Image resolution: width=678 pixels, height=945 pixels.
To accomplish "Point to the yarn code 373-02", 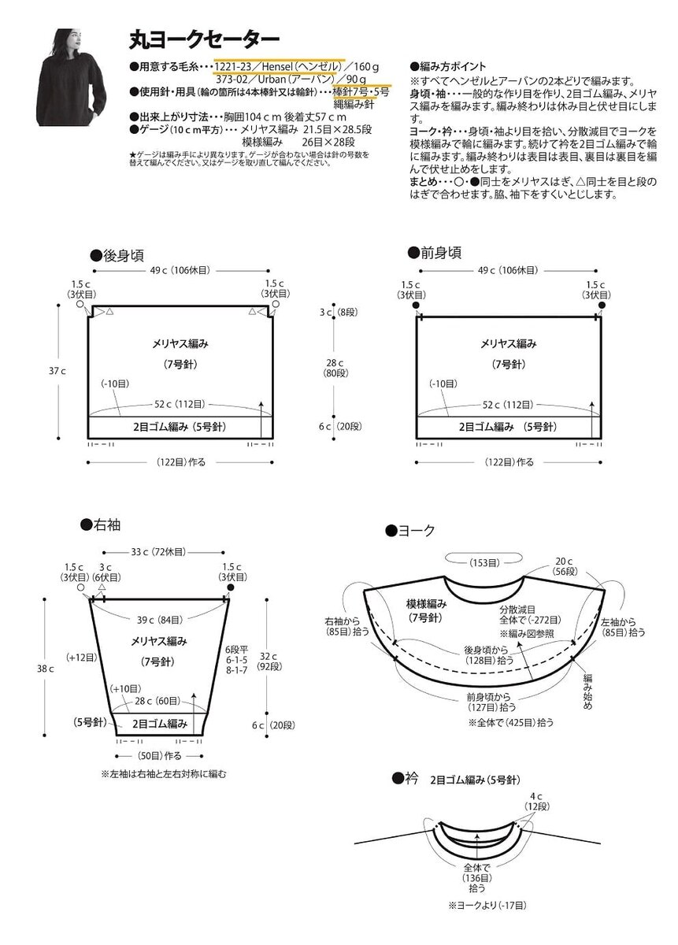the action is click(234, 80).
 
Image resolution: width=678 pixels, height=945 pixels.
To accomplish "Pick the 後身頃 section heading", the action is click(117, 255).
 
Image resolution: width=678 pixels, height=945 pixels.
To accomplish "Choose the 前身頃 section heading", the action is click(435, 253).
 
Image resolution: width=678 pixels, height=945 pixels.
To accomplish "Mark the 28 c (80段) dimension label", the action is click(331, 369).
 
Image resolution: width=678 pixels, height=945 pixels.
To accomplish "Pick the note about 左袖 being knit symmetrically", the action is click(164, 774).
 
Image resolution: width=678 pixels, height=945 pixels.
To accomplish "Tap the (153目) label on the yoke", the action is click(483, 562).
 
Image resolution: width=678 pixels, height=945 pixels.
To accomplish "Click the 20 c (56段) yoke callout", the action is click(565, 566).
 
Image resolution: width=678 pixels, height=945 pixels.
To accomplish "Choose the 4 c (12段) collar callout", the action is click(537, 801).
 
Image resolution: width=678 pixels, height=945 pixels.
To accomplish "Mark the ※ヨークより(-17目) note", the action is click(487, 906).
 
